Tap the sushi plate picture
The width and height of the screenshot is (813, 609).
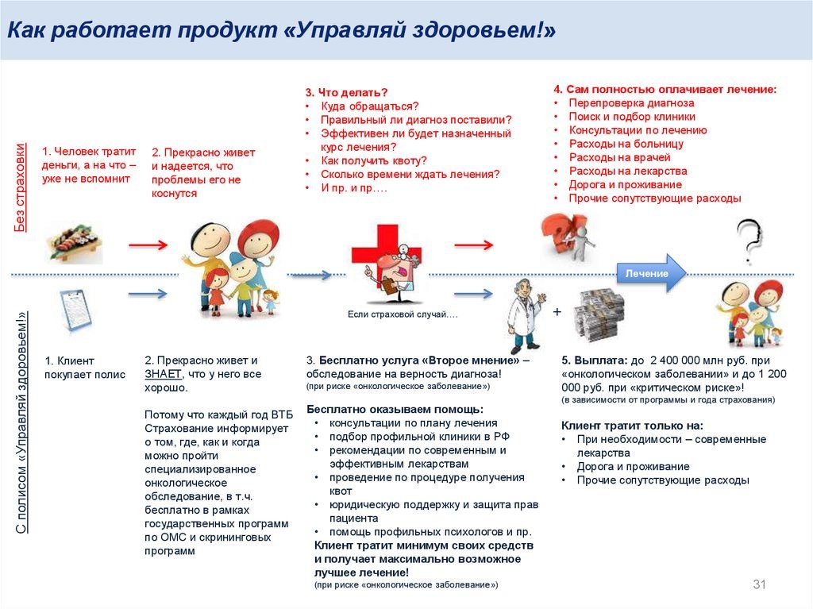coord(73,244)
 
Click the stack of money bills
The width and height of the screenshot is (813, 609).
coord(600,315)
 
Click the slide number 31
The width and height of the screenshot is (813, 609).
coord(758,585)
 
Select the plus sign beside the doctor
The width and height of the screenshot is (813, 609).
coord(557,312)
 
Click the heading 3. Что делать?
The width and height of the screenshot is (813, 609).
coord(347,92)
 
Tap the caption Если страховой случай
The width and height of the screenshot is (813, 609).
coord(403,315)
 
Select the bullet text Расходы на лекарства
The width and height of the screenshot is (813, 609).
coord(628,171)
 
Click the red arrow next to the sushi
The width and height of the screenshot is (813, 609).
coord(148,245)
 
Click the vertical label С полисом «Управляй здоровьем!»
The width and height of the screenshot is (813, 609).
coord(21,421)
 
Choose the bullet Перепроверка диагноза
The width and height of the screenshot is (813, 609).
coord(631,103)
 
